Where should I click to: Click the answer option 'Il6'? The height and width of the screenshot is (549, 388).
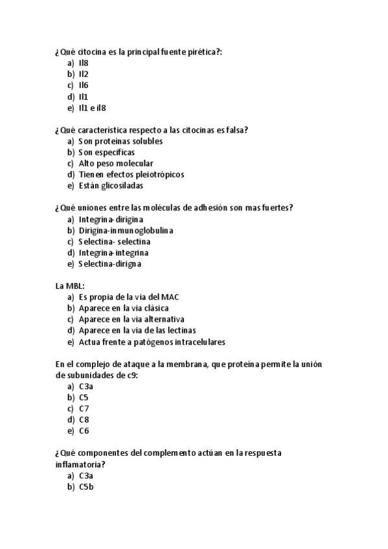(84, 85)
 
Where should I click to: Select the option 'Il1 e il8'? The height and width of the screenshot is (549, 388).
(92, 107)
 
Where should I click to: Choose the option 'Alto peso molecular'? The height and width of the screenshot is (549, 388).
(115, 164)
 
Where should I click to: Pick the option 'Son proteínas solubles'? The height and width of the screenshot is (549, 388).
(120, 141)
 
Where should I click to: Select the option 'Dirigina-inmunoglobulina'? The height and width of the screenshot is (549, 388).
(126, 230)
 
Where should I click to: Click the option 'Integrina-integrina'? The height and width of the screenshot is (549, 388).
(113, 252)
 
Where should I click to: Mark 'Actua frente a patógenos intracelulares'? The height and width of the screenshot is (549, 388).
(152, 342)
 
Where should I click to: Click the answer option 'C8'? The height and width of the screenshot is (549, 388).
(84, 420)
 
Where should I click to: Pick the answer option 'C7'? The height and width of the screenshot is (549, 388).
(84, 409)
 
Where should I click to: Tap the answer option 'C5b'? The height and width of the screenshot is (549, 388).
(86, 487)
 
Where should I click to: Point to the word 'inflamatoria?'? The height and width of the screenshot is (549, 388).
(80, 464)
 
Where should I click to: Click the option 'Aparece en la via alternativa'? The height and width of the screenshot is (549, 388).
(131, 319)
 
